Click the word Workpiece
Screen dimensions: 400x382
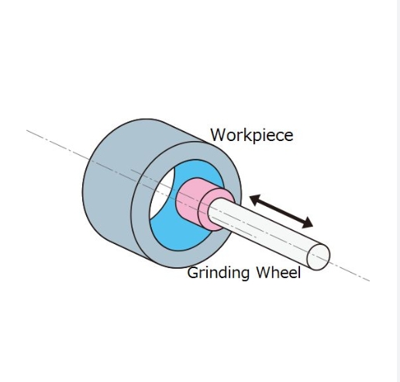click(252, 135)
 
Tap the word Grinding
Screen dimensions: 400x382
click(219, 273)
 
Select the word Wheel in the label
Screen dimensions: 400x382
click(278, 272)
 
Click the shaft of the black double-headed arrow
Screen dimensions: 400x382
click(281, 212)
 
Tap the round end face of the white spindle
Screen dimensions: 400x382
click(319, 256)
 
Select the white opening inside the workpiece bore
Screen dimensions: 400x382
click(162, 196)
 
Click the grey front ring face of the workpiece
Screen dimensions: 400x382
click(145, 232)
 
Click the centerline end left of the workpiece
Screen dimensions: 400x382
click(27, 130)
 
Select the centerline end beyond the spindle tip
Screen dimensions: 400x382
click(370, 280)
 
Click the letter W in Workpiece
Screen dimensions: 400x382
click(219, 135)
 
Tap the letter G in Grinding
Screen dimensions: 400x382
click(193, 273)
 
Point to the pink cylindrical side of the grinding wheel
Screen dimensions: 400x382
click(188, 200)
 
